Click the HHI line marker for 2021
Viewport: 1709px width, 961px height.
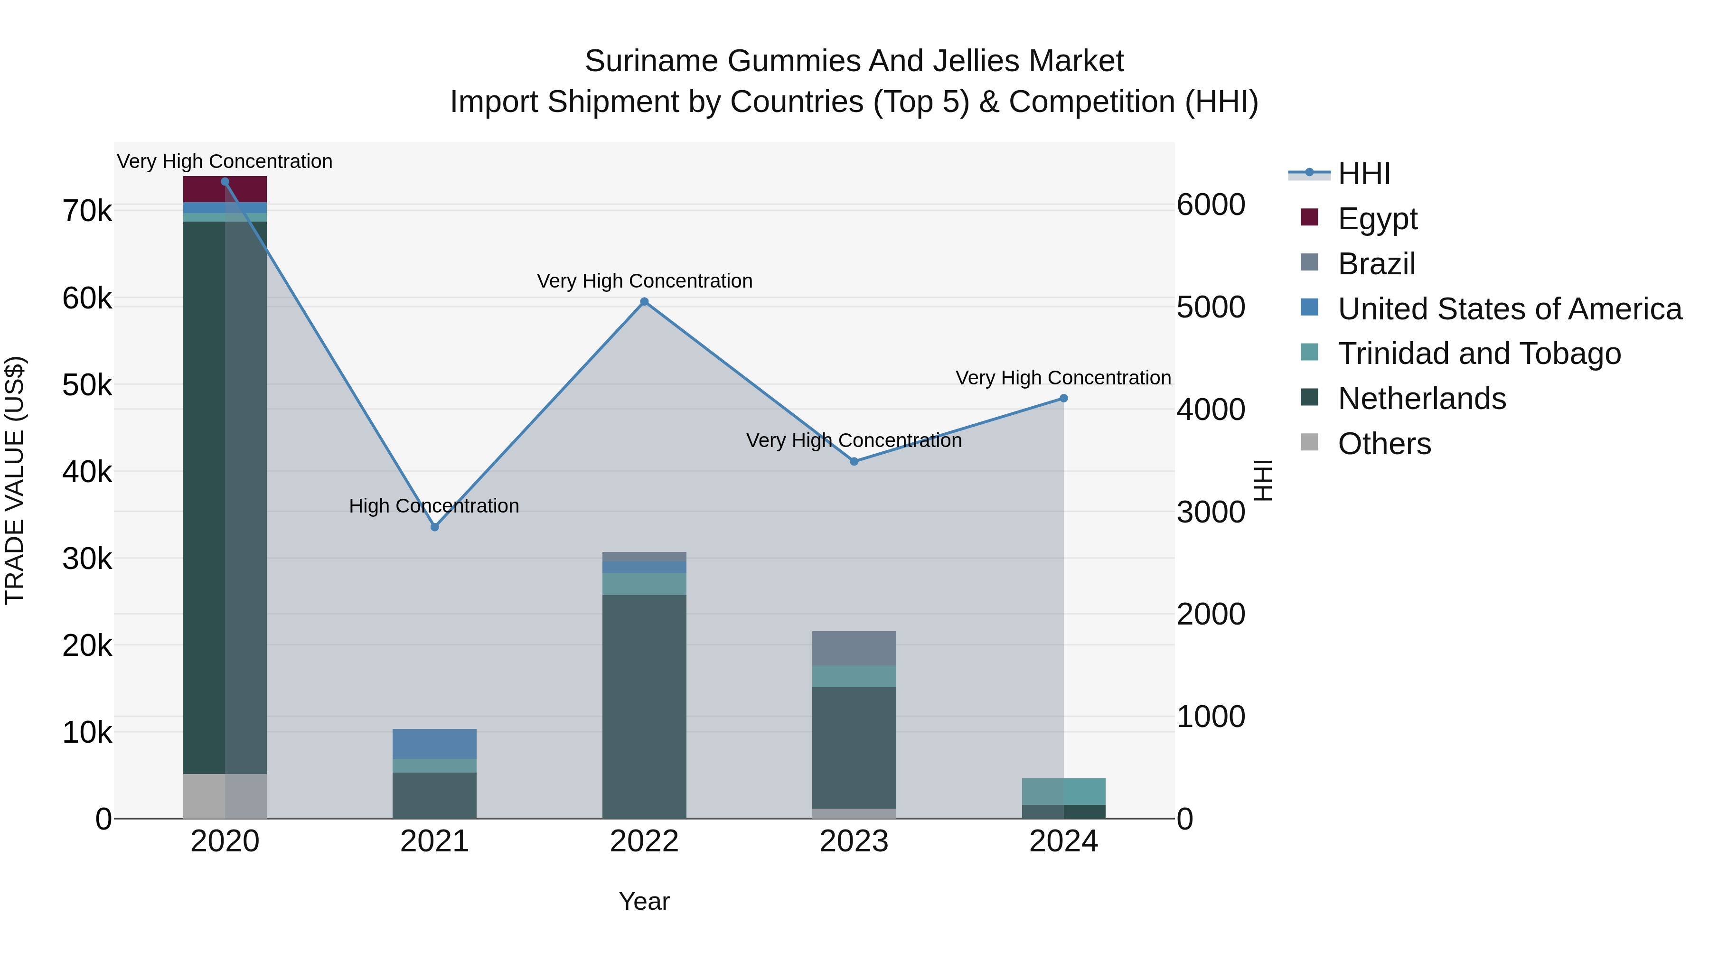point(434,527)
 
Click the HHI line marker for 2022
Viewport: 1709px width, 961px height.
point(644,302)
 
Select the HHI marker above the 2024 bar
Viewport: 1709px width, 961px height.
point(1063,399)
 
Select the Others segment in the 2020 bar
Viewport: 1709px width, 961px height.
point(225,796)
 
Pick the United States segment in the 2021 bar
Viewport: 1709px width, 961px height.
point(434,744)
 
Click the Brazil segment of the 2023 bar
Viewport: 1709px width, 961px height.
point(854,648)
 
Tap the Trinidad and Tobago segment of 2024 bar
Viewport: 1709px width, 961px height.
point(1063,791)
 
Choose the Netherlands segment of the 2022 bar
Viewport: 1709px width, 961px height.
point(644,706)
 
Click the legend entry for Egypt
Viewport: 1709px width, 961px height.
point(1377,219)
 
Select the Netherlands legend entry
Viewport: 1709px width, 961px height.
point(1421,399)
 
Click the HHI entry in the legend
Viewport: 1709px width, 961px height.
point(1363,174)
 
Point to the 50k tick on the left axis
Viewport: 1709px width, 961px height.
point(87,385)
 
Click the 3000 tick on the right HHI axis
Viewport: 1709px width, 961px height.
point(1211,512)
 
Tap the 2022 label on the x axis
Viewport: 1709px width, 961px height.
point(644,841)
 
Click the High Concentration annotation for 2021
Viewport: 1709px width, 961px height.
point(434,506)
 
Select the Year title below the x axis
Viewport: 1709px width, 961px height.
point(644,901)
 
